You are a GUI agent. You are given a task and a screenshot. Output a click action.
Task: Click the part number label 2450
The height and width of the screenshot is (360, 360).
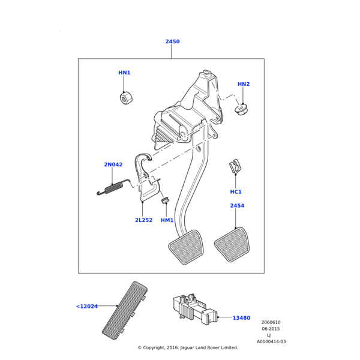[172, 41]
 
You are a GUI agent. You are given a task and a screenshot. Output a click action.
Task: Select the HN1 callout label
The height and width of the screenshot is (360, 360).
[124, 73]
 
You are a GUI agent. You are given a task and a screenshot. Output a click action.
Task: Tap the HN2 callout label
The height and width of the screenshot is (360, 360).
[243, 84]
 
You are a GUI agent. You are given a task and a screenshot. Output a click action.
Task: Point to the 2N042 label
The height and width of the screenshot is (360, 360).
[113, 164]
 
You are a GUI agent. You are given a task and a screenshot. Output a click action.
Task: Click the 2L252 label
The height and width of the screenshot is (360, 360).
[143, 220]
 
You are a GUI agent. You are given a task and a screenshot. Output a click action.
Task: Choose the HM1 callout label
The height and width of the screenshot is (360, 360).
[167, 220]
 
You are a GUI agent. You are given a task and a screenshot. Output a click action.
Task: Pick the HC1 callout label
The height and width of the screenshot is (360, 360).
[236, 192]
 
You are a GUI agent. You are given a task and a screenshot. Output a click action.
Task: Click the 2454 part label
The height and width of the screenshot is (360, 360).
[237, 206]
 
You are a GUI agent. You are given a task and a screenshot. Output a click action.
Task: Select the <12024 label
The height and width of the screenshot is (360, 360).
[87, 307]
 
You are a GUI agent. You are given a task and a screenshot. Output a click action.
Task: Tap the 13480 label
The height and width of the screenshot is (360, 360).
[241, 317]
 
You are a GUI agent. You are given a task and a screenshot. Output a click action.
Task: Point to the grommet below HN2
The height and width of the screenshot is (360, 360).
[242, 110]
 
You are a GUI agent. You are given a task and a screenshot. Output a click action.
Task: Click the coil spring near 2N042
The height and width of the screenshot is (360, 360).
[111, 188]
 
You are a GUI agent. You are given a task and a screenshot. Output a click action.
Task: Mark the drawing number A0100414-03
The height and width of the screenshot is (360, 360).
[271, 341]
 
